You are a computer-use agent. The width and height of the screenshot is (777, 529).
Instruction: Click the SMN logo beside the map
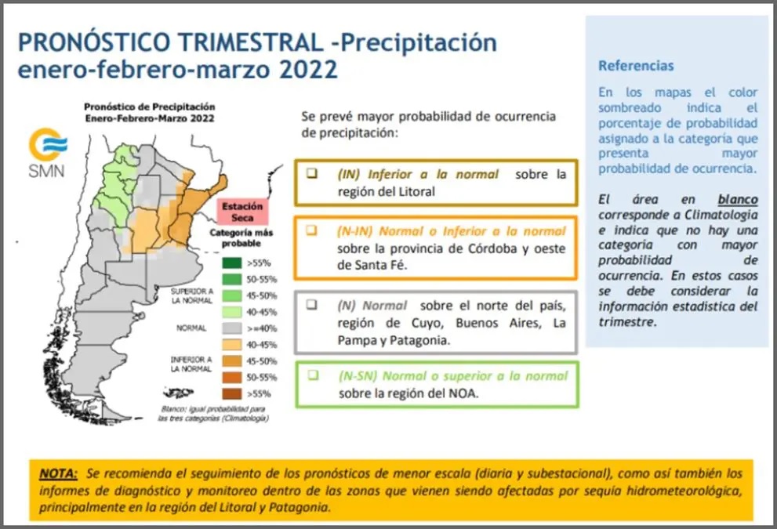pos(47,153)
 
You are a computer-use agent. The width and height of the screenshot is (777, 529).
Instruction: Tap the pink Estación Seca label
pos(242,212)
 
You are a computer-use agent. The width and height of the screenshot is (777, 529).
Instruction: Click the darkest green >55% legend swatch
pos(232,263)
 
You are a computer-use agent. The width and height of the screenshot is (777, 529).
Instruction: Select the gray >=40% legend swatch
pos(232,328)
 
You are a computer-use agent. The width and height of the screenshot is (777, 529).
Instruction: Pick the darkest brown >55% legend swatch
pos(232,393)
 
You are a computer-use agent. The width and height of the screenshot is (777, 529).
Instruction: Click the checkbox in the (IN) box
pos(312,173)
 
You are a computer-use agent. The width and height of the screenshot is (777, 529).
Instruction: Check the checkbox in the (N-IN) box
pos(312,230)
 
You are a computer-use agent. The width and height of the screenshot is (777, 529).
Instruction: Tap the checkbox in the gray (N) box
pos(312,305)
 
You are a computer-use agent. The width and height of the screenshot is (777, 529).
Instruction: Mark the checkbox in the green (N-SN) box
pos(313,375)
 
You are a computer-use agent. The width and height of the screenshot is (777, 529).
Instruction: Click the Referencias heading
pos(636,66)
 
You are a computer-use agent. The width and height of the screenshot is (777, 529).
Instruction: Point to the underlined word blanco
pos(738,200)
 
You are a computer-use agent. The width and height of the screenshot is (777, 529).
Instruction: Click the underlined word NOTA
pos(59,473)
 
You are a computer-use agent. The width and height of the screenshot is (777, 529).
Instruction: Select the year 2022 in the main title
pos(308,69)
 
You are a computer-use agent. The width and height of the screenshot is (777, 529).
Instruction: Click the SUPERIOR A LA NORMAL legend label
pos(192,295)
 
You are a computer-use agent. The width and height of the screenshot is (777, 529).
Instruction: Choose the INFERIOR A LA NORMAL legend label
pos(191,364)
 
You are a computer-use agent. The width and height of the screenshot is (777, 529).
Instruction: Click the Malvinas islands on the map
pos(179,393)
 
